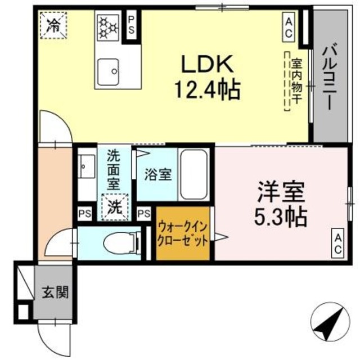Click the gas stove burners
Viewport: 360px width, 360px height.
tap(107, 27)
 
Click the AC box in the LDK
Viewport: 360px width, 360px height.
tap(289, 26)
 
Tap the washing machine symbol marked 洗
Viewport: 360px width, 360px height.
tap(114, 206)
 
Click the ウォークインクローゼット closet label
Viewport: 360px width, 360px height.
tap(183, 235)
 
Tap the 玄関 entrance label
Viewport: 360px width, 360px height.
tap(55, 292)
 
